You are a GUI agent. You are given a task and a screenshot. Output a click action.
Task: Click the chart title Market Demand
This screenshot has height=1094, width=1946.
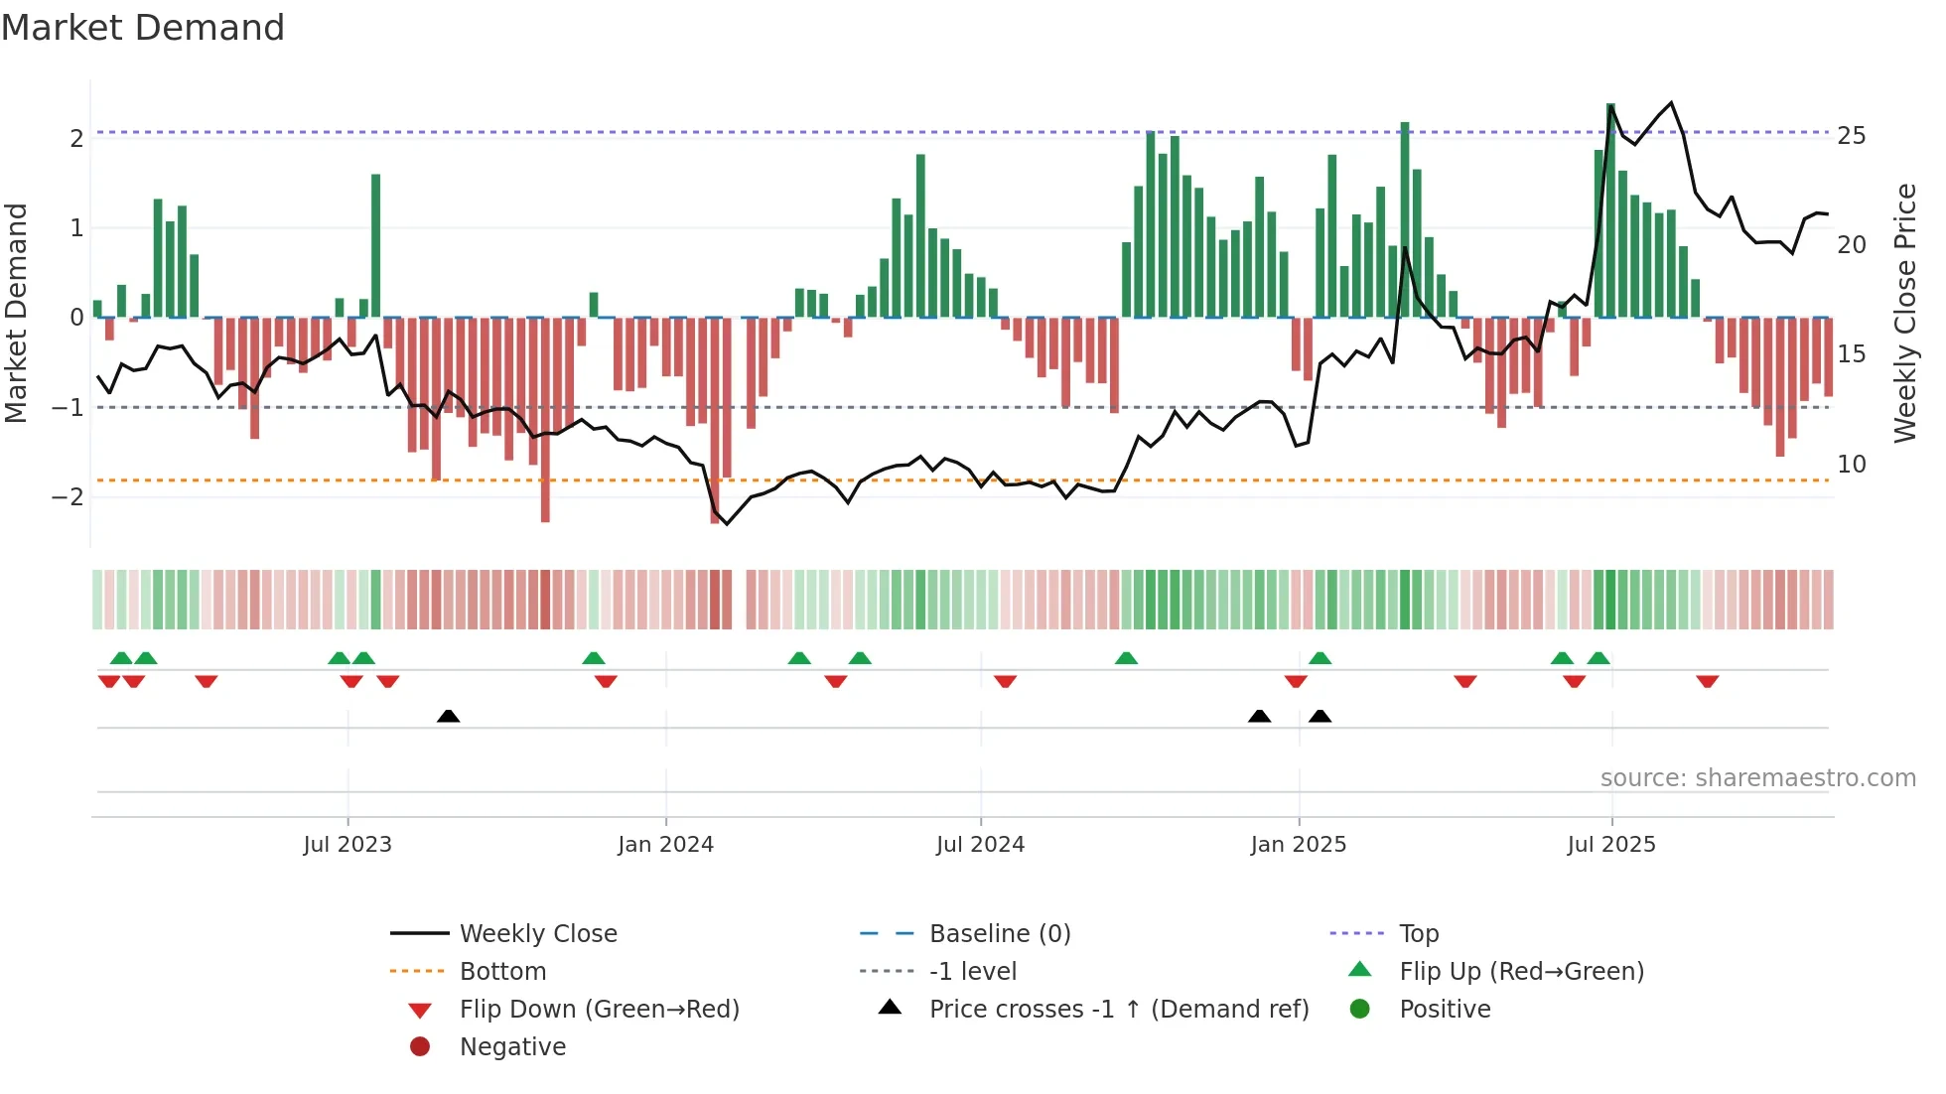point(143,28)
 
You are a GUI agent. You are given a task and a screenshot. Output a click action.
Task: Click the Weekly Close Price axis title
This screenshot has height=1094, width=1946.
point(1904,313)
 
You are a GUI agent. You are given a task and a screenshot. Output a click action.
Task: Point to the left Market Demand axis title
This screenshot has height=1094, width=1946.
point(16,313)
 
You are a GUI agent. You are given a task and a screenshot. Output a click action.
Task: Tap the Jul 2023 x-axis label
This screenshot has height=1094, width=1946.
point(347,845)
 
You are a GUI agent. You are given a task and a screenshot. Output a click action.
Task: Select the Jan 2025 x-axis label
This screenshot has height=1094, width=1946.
point(1298,845)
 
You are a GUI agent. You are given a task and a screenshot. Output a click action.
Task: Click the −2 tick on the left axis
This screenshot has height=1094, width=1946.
point(69,497)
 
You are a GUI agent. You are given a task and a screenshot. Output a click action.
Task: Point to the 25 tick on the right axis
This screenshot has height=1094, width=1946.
point(1851,136)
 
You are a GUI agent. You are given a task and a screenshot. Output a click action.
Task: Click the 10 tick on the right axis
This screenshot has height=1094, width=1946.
point(1851,465)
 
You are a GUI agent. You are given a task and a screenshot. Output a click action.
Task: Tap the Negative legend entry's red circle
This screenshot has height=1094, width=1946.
point(420,1047)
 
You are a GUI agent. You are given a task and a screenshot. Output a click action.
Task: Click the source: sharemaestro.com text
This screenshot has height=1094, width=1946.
point(1757,778)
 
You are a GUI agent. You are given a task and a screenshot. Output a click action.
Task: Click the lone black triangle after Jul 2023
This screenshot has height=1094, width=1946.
point(448,716)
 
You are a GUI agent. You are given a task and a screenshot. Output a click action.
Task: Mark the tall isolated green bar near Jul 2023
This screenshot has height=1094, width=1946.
point(376,245)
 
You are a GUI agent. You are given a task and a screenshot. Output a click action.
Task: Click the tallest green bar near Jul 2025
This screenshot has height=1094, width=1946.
point(1610,209)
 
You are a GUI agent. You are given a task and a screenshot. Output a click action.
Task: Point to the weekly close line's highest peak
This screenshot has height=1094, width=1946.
point(1671,103)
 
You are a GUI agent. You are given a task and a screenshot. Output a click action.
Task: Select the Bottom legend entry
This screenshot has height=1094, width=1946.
point(501,972)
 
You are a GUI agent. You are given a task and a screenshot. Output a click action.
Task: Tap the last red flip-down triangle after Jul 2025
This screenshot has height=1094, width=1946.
point(1707,681)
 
